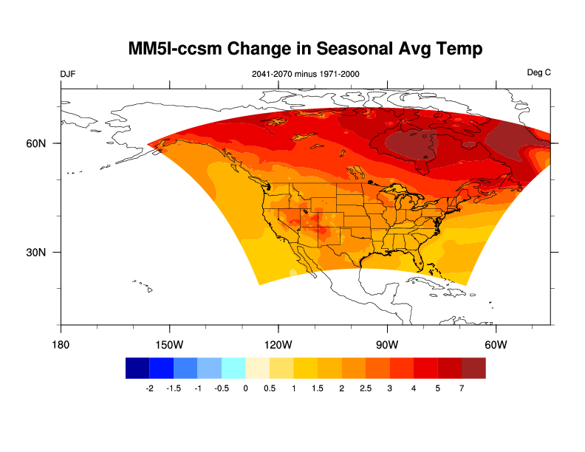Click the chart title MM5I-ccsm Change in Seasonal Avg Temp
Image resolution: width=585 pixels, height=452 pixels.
[305, 49]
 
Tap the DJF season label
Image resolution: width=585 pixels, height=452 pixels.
[68, 74]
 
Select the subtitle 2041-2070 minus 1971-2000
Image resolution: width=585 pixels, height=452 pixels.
[306, 74]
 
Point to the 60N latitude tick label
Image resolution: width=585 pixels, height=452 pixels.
[36, 143]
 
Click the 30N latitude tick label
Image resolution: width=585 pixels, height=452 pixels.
[36, 252]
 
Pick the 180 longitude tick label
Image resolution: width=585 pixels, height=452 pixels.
[61, 345]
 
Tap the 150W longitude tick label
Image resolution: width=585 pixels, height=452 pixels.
[169, 345]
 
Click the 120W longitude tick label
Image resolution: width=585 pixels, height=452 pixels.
[278, 345]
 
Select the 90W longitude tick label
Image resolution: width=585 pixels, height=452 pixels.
[387, 345]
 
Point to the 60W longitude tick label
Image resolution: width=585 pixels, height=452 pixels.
[496, 345]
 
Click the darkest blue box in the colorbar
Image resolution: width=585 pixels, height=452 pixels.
[137, 368]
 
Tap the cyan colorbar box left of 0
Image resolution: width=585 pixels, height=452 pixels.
[233, 368]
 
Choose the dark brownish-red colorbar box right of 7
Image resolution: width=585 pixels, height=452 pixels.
[473, 368]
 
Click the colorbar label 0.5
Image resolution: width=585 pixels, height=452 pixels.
[270, 388]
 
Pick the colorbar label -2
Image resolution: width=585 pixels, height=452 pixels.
[149, 388]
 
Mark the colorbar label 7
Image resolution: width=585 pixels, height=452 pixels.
[462, 388]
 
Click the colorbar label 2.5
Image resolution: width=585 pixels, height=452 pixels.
[366, 388]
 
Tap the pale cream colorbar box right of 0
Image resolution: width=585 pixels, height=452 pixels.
[257, 368]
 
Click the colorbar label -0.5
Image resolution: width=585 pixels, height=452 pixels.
[221, 388]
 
